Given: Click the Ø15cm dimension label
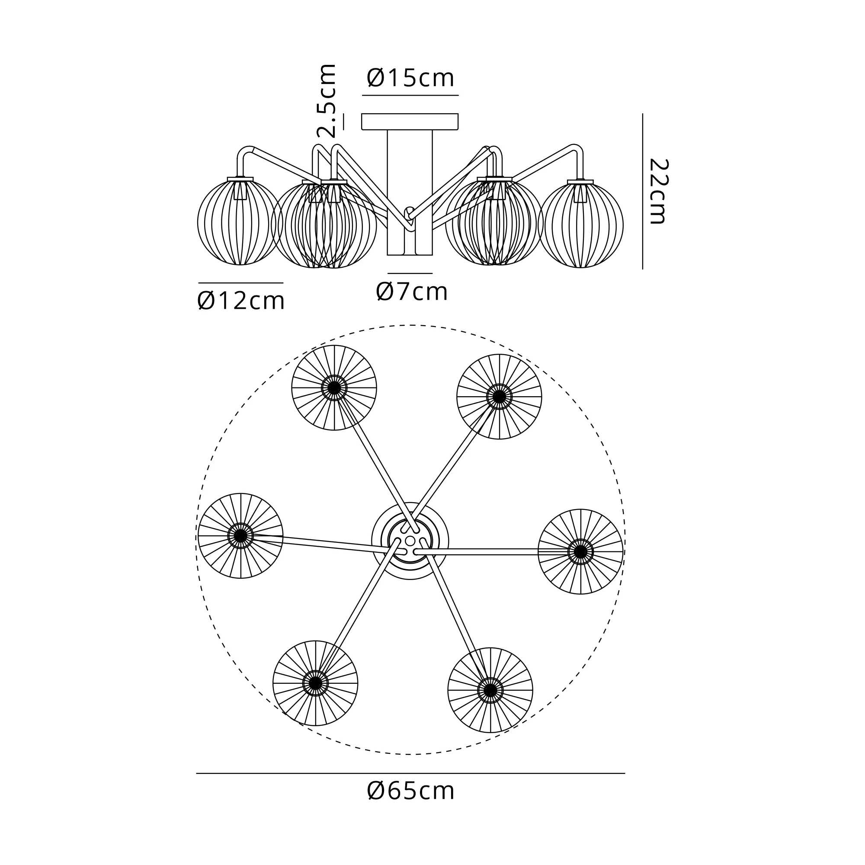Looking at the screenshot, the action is pyautogui.click(x=410, y=78).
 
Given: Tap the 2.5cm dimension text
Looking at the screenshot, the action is pyautogui.click(x=327, y=101).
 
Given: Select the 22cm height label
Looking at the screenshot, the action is pyautogui.click(x=658, y=191).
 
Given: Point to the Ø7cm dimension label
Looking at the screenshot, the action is pyautogui.click(x=412, y=292).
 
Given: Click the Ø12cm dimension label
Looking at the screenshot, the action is pyautogui.click(x=241, y=301).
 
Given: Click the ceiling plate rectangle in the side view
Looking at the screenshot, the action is pyautogui.click(x=410, y=122).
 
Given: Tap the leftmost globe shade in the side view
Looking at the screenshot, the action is pyautogui.click(x=240, y=222).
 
